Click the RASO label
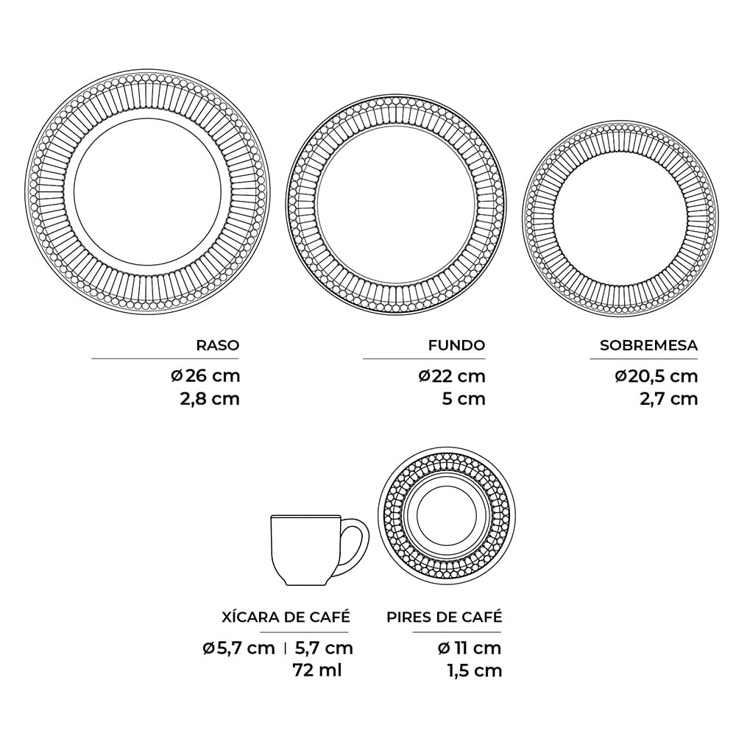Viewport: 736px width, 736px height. click(218, 345)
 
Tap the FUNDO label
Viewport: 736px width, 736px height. click(457, 345)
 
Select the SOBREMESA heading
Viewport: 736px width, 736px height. click(648, 345)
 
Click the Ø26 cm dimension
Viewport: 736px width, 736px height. click(205, 376)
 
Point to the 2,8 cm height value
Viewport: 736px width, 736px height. click(210, 399)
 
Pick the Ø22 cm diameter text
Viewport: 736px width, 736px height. click(452, 376)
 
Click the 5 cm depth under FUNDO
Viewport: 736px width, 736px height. click(463, 399)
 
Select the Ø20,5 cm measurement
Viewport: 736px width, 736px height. click(657, 376)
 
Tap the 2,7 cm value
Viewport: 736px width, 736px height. click(668, 399)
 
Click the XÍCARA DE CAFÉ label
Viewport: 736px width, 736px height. click(286, 617)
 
